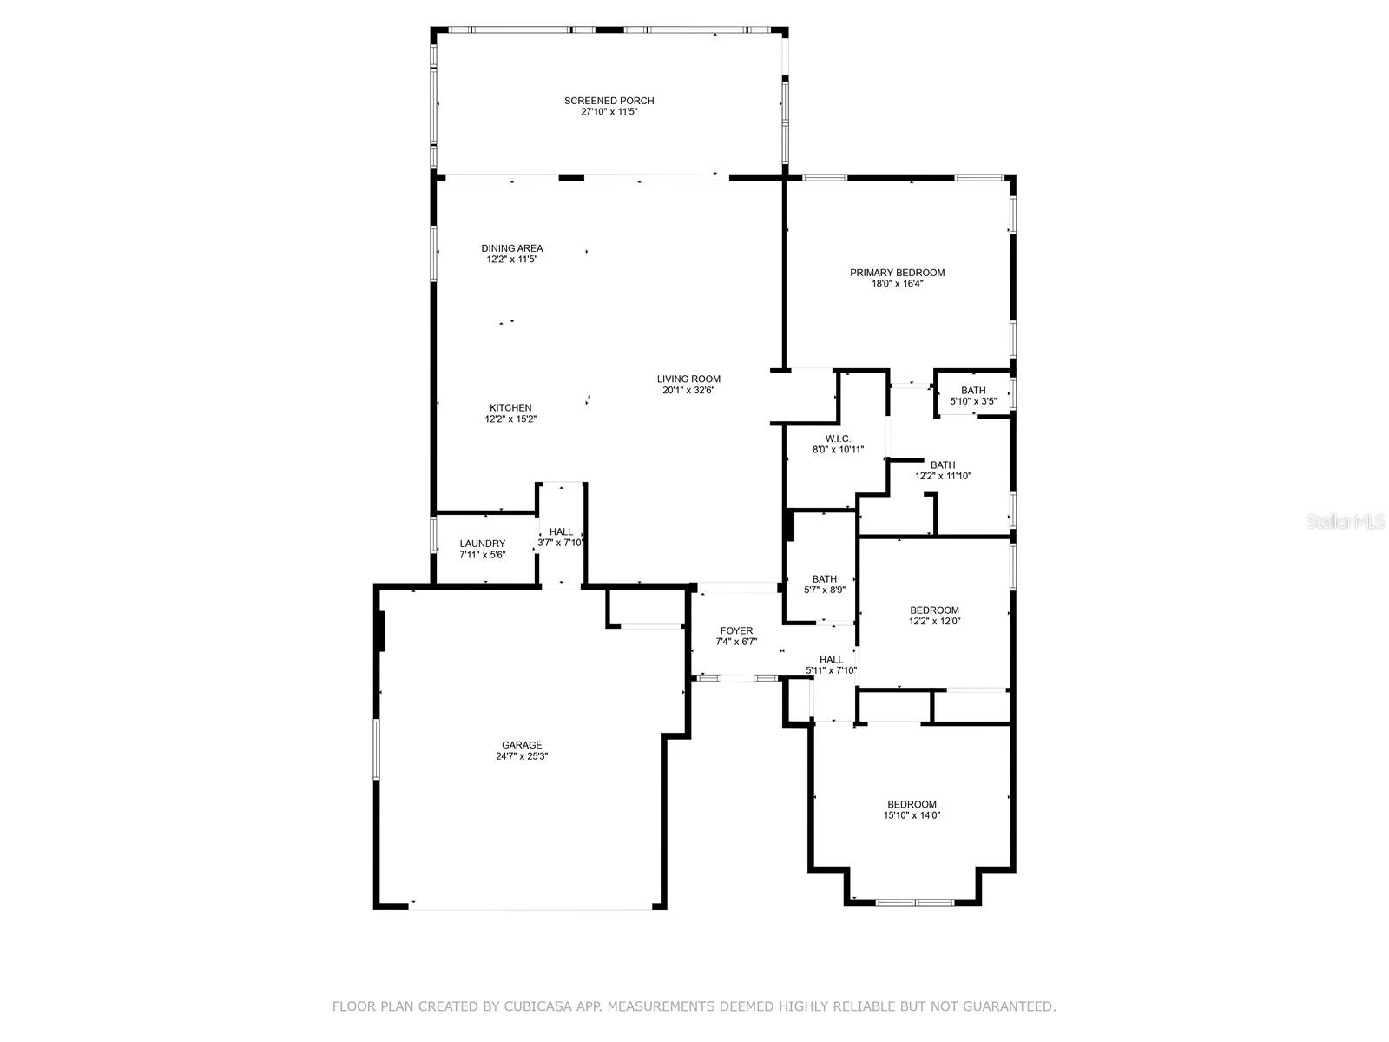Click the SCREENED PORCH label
click(x=609, y=101)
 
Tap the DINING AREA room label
click(x=512, y=248)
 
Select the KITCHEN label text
click(x=510, y=408)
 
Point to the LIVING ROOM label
click(x=688, y=379)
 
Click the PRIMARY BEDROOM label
click(x=897, y=273)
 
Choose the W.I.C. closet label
click(x=838, y=439)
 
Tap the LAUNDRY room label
click(x=483, y=544)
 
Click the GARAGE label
click(x=522, y=745)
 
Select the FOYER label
click(x=736, y=631)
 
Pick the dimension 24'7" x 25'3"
click(x=522, y=756)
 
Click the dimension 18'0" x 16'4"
click(x=897, y=284)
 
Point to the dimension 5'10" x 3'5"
click(x=973, y=401)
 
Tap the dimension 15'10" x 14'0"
click(x=912, y=815)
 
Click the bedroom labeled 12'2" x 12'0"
click(x=934, y=610)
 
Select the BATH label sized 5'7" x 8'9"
click(x=824, y=579)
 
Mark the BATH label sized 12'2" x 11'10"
click(x=943, y=465)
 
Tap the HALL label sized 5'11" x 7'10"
click(x=831, y=660)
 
